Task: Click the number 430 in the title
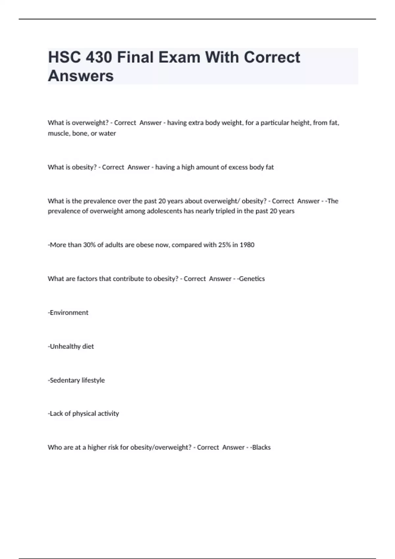click(x=98, y=58)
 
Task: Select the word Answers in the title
click(x=81, y=76)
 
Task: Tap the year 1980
click(x=247, y=245)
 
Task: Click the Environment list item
click(x=69, y=313)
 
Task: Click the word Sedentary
click(x=65, y=380)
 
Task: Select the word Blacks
click(x=261, y=448)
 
